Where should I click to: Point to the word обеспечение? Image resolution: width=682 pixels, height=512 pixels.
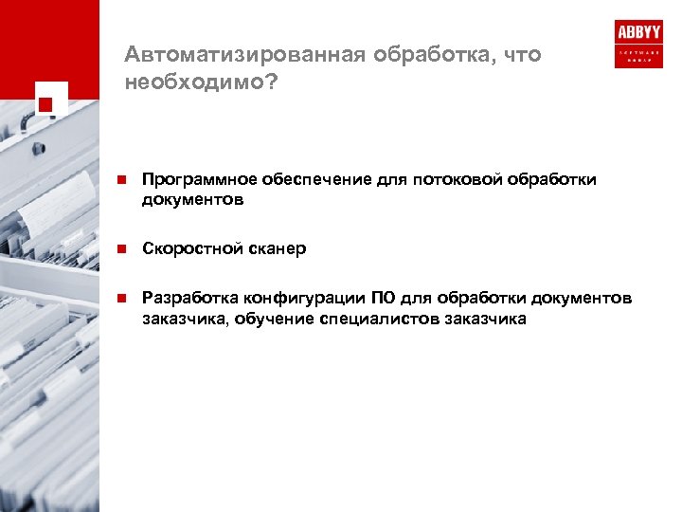click(x=305, y=179)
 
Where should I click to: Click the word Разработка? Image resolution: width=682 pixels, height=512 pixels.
click(x=186, y=299)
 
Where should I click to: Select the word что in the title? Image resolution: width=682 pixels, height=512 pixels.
click(x=524, y=55)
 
